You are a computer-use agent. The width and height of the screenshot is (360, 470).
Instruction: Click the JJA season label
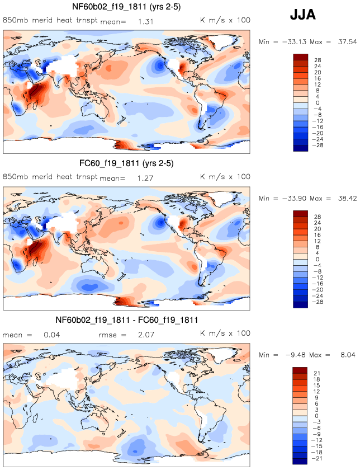302,15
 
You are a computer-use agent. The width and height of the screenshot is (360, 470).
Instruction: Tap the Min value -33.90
290,199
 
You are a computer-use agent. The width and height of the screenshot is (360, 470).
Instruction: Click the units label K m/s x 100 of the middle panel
225,177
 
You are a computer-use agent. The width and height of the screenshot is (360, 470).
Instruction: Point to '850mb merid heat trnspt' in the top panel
50,20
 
